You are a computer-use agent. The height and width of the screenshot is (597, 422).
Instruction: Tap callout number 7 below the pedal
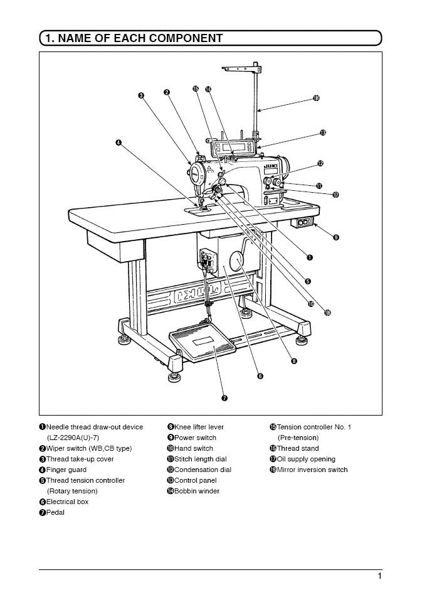(224, 397)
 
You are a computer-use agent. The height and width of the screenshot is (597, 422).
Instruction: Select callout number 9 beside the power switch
(336, 237)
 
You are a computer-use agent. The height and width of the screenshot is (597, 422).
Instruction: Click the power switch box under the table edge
(304, 222)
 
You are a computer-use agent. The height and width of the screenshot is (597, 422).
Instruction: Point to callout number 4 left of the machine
(118, 143)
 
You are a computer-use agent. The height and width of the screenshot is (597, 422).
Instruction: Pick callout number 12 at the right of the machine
(320, 163)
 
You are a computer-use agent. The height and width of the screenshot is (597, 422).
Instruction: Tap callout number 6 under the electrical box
(260, 376)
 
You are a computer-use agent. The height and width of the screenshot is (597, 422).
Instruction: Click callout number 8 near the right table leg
(293, 361)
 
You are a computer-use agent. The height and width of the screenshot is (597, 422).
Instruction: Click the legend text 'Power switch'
(195, 438)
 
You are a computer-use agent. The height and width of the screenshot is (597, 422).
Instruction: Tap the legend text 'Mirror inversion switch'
(312, 470)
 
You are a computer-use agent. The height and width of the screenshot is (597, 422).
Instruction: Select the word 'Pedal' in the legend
(55, 512)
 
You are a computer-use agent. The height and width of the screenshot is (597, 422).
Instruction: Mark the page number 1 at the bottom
(379, 576)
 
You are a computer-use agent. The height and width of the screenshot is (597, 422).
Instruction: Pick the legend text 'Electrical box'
(68, 502)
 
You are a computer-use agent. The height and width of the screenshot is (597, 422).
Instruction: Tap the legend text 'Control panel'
(196, 480)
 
